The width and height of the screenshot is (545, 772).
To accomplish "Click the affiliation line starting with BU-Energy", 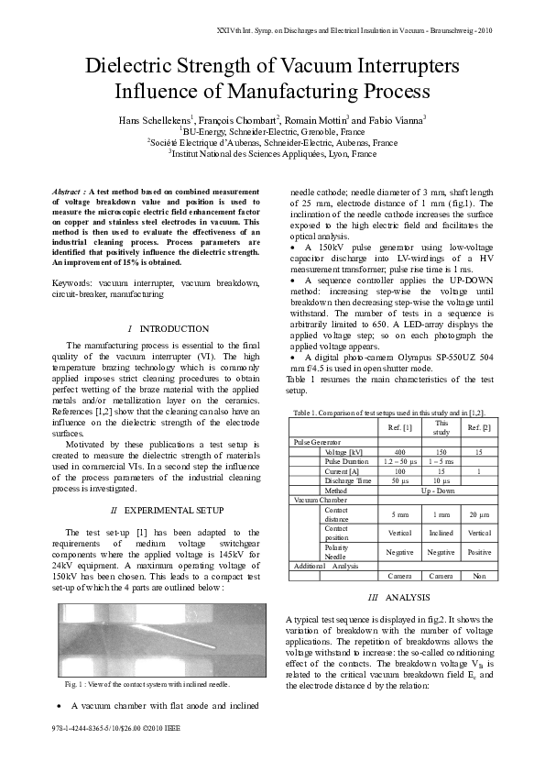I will coord(272,132).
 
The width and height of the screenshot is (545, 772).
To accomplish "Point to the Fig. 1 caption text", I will coord(146,684).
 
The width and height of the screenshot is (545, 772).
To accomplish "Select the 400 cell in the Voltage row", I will coord(399,452).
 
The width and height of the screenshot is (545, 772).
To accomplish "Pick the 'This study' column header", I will coord(441,427).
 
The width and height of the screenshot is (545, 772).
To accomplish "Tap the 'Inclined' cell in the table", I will coord(441,532).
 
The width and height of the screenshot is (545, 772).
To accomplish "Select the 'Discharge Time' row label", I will coord(344,480).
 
